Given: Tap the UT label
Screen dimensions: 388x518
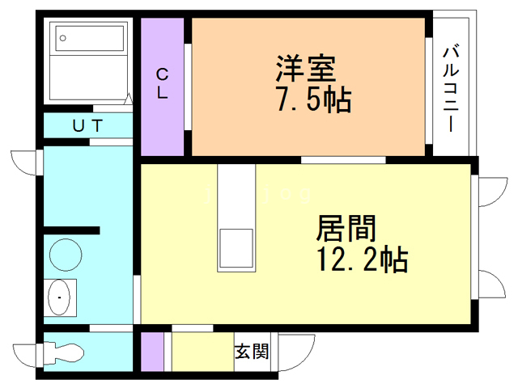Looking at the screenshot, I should click(88, 125).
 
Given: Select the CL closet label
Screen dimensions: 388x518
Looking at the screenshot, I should click(163, 83).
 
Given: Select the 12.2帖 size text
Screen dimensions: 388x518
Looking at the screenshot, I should click(362, 261).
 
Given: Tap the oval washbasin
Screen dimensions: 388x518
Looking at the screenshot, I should click(60, 299).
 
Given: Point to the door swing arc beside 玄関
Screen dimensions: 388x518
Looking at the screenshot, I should click(293, 349).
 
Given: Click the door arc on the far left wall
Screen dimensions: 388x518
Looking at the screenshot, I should click(24, 160).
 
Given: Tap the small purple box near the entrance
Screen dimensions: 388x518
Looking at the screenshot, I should click(151, 350).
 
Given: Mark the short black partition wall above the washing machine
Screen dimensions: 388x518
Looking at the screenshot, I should click(73, 230).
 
